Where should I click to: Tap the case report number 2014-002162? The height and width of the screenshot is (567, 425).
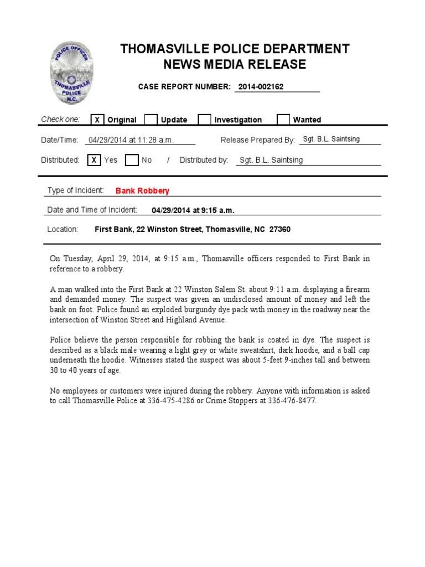coord(261,87)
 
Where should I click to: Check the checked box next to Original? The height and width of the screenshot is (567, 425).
coord(97,120)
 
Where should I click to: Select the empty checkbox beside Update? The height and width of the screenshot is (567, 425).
coord(151,120)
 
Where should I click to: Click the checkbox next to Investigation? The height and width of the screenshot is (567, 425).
coord(204,120)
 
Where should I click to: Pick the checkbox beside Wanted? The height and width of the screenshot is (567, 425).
coord(283,120)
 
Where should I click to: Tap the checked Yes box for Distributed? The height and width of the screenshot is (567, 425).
coord(94,160)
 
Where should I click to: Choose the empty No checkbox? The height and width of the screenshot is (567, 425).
coord(131,160)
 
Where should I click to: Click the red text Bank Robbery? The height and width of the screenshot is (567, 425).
coord(142,190)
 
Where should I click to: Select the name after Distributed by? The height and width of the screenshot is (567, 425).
coord(271,160)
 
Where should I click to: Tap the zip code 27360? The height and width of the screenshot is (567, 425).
coord(280,229)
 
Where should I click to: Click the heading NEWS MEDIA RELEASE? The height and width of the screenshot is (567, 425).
coord(235,64)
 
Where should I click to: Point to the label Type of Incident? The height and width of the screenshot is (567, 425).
coord(75,190)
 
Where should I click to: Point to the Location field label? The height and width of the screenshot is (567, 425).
coord(63,229)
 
